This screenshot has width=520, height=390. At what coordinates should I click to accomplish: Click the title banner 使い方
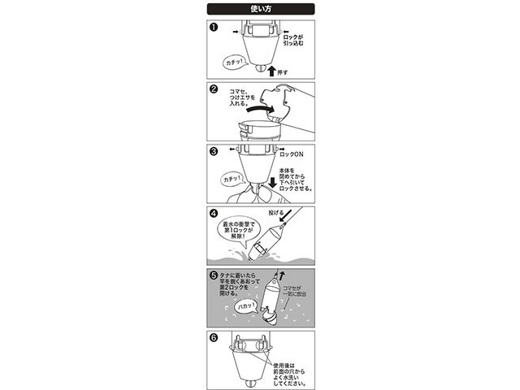[x=259, y=8]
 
